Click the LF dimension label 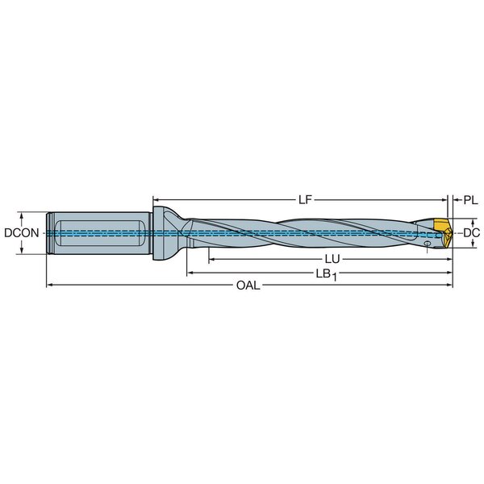[x=305, y=200]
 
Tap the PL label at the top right [x=470, y=200]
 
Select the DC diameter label [x=472, y=233]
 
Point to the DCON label [x=22, y=233]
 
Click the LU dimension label [x=332, y=259]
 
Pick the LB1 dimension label [x=326, y=274]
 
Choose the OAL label [x=248, y=286]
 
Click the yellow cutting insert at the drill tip [x=442, y=232]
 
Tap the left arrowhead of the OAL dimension [x=49, y=285]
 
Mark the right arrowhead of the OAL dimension [x=449, y=285]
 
